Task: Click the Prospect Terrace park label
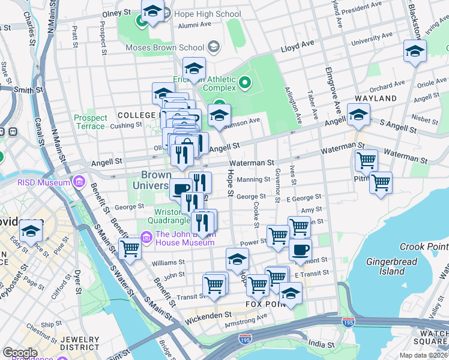tap(91, 122)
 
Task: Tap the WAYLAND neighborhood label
tap(376, 98)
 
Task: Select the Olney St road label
tap(116, 12)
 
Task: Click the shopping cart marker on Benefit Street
tap(130, 248)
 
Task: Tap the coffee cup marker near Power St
tap(300, 249)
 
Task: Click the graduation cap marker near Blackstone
tap(415, 51)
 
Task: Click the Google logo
tap(20, 352)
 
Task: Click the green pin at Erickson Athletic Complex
tap(244, 82)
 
